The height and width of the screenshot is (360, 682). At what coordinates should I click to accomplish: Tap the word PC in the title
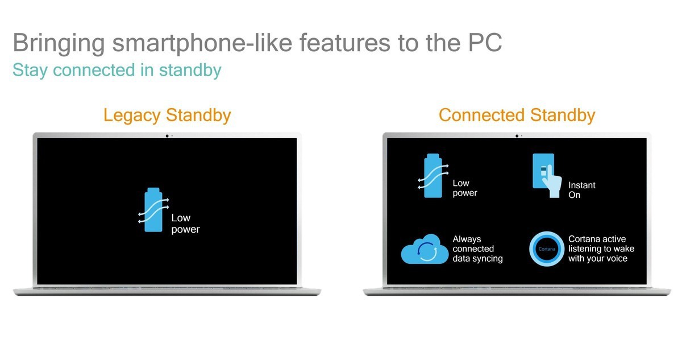pos(485,43)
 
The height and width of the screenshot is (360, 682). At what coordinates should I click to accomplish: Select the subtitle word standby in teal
pos(190,71)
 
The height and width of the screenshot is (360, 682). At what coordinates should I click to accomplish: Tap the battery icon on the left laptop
pos(153,210)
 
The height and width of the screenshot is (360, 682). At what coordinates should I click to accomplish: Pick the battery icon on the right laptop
pos(433,176)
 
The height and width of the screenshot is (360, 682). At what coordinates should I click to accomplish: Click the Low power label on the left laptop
pos(185,224)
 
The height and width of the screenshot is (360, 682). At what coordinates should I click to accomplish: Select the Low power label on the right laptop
pos(465,188)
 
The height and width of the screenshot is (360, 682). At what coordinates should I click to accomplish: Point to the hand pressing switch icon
pos(547,175)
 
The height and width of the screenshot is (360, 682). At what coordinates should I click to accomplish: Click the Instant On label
pos(581,190)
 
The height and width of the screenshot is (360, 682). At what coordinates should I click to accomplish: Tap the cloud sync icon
pos(425,249)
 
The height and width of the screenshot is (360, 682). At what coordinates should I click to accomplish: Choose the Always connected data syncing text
pos(477,249)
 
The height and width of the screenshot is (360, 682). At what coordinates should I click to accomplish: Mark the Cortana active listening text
pos(601,249)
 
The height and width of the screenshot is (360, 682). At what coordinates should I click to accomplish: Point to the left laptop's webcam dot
pos(167,136)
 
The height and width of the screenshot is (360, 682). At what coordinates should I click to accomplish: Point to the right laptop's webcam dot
pos(517,136)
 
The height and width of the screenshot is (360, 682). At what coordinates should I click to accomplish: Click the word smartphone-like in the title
pos(202,43)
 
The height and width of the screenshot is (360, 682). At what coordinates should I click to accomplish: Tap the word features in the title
pos(344,43)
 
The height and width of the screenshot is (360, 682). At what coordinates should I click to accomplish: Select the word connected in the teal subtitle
pos(94,70)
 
